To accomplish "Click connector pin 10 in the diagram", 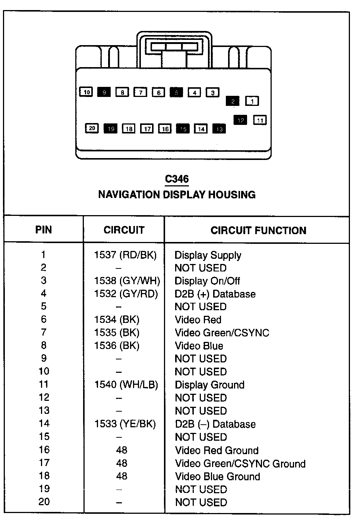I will (x=86, y=92).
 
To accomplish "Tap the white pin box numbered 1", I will (x=252, y=101).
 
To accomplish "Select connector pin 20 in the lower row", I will (x=92, y=129).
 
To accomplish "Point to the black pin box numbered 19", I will (x=110, y=129).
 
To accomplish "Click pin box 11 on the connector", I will (x=260, y=120).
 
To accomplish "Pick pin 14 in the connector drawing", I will (x=201, y=129).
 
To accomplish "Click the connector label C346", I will (x=177, y=179).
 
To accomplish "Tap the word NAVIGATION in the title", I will (x=129, y=195).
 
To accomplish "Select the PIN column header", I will (x=44, y=230).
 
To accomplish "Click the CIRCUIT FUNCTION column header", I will (x=258, y=230).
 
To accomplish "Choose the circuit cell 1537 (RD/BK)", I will (x=125, y=255).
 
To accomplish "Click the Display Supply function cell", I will (x=208, y=255).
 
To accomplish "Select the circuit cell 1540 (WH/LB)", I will (x=126, y=384).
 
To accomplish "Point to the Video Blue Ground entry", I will (x=218, y=476).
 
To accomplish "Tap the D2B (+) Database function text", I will (x=215, y=294).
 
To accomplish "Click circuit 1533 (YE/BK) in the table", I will (x=125, y=424).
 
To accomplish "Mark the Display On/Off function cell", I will (x=207, y=281).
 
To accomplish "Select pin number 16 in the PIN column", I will (x=44, y=450).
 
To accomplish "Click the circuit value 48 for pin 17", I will (x=121, y=463).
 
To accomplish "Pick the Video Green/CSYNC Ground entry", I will (x=240, y=463).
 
